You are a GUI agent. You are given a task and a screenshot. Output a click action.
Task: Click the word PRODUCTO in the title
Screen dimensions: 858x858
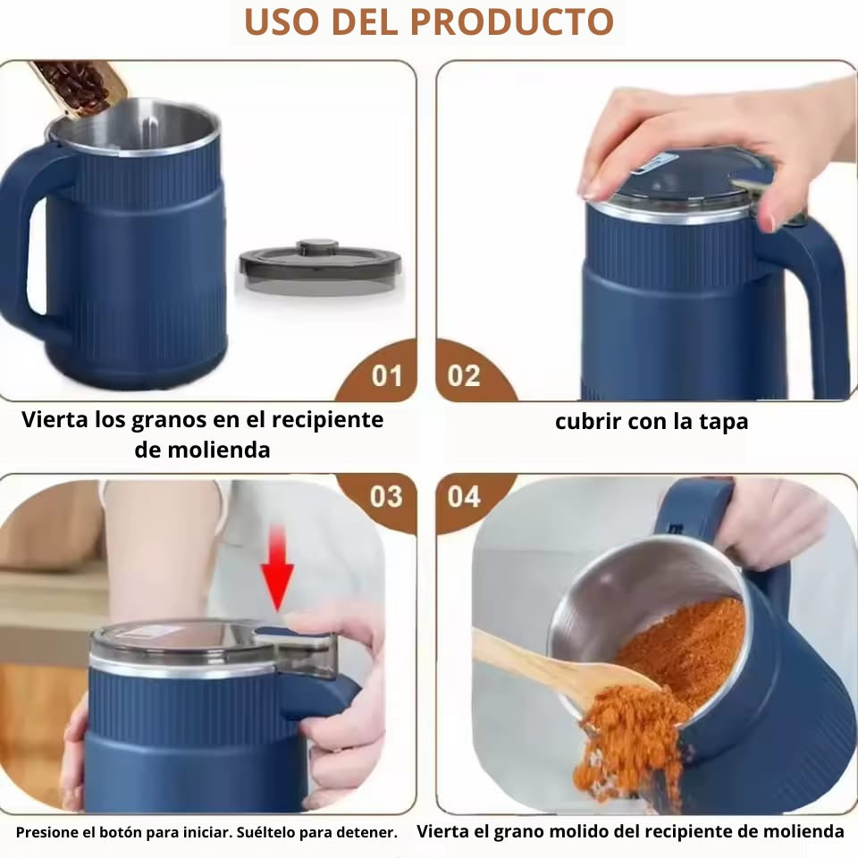click(x=511, y=21)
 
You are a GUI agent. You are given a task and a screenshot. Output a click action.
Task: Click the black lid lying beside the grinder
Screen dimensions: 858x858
click(x=320, y=268)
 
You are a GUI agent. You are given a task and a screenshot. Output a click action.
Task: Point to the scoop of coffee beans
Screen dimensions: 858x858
click(x=78, y=87)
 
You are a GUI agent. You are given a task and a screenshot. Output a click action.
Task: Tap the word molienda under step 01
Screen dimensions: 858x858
click(x=218, y=450)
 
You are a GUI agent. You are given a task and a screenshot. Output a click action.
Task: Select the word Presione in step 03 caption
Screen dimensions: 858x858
click(x=47, y=833)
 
